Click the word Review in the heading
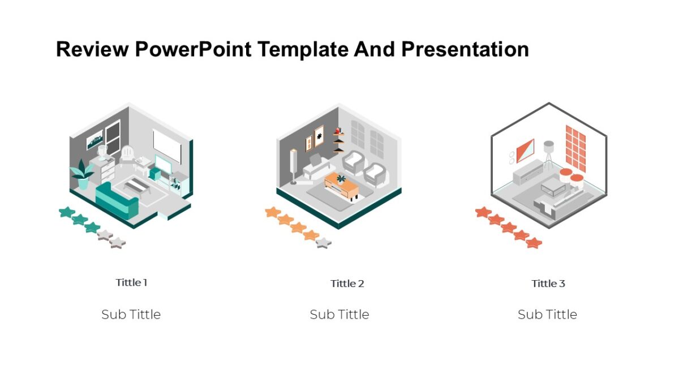(92, 50)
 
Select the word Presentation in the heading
(465, 50)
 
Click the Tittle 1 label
(131, 282)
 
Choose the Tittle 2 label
(347, 284)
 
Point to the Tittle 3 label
(548, 284)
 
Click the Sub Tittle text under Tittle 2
(339, 315)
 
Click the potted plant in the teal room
(83, 173)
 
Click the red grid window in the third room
(575, 148)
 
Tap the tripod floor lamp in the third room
(548, 153)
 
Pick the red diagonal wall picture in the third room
(525, 151)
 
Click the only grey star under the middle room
(323, 243)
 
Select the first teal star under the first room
(67, 212)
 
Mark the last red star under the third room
(534, 243)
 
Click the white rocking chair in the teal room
(128, 154)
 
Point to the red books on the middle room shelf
(338, 132)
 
